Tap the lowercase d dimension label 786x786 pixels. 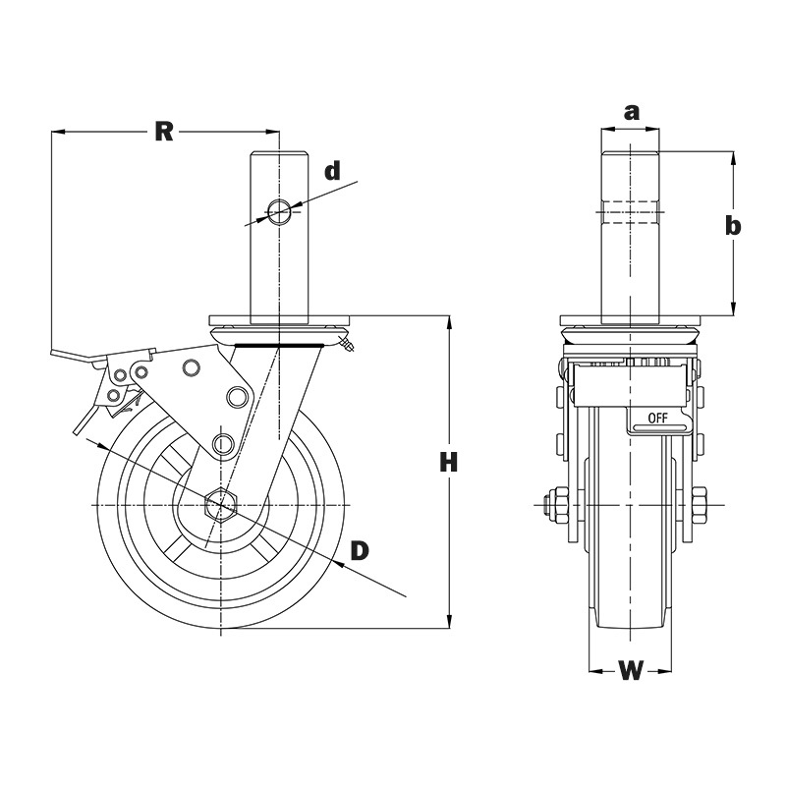333,171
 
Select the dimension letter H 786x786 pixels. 448,462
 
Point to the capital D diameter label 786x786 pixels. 360,550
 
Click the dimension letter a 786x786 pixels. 631,112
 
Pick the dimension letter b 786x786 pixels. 732,226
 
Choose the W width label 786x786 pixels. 631,672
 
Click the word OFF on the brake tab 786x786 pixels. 657,419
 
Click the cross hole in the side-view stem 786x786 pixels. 279,211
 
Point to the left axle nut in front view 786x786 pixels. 553,505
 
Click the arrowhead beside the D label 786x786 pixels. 339,562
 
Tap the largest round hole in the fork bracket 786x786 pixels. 237,396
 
